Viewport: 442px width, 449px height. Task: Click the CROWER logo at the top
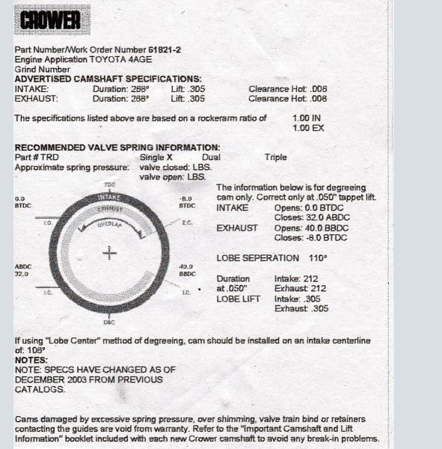coord(51,20)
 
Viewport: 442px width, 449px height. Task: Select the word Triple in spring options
coord(275,158)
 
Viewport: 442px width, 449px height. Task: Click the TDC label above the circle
coord(110,183)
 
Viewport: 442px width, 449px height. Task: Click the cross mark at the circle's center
coord(110,254)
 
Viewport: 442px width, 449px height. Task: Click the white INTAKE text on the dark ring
coord(110,198)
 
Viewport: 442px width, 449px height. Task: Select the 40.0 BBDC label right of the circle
coord(187,271)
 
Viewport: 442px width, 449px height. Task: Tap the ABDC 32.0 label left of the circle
coord(22,271)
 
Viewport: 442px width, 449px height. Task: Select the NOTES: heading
coord(31,360)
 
